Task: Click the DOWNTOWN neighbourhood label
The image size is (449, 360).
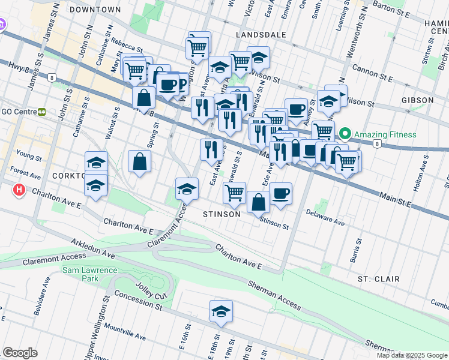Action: pyautogui.click(x=95, y=10)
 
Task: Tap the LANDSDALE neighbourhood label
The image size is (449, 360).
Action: pyautogui.click(x=261, y=35)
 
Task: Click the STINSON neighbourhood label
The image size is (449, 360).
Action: pyautogui.click(x=221, y=214)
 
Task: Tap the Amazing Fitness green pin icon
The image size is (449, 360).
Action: pyautogui.click(x=345, y=134)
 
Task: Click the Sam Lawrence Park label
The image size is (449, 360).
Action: pyautogui.click(x=89, y=275)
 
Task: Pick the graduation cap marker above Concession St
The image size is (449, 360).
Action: pyautogui.click(x=221, y=312)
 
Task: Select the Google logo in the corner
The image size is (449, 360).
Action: pyautogui.click(x=20, y=353)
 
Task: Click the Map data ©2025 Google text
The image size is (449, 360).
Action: pyautogui.click(x=411, y=355)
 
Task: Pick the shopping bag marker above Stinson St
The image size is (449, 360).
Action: pyautogui.click(x=258, y=202)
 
